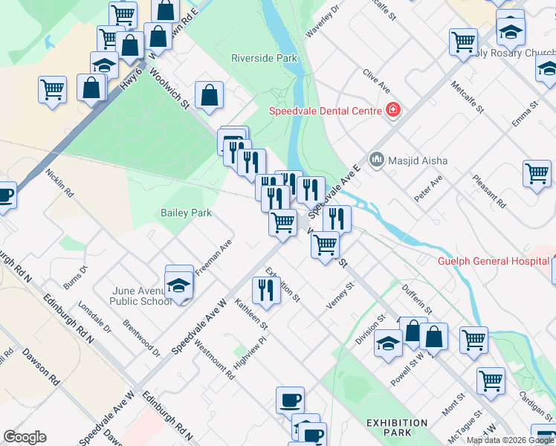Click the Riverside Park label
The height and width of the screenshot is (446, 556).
pos(264,58)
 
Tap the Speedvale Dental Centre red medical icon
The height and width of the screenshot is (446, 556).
pos(393,111)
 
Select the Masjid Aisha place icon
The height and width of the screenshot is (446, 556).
pos(376,160)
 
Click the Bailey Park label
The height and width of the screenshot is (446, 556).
pos(186,213)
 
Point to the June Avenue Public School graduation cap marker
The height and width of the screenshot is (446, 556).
pos(179,284)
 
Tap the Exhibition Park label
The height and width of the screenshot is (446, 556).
pos(396,427)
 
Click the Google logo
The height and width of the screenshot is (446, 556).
pos(25,437)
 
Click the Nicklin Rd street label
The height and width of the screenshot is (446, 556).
pos(59,183)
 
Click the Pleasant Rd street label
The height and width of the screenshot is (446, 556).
pos(491,192)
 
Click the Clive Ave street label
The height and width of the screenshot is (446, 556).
pos(377,82)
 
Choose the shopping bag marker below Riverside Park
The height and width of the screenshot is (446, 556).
pos(210,96)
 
